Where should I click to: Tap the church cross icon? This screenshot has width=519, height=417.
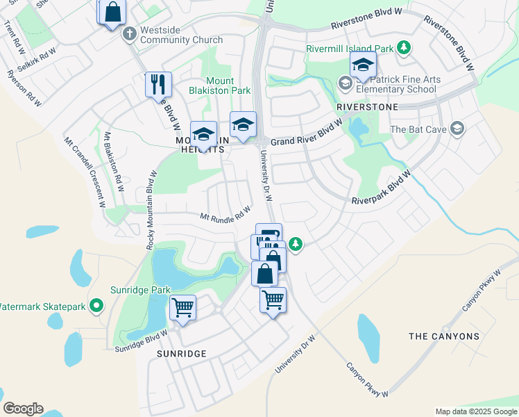[129, 33]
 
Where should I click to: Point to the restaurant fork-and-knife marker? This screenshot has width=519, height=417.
[158, 85]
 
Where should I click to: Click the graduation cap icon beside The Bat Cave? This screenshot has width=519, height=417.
[457, 128]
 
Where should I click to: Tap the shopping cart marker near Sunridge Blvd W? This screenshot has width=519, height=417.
[182, 307]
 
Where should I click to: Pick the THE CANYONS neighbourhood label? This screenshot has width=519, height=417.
[444, 336]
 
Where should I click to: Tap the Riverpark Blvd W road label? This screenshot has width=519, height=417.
[381, 190]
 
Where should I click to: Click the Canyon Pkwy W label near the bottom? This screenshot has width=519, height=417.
[367, 381]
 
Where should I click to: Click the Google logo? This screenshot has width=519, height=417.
[23, 409]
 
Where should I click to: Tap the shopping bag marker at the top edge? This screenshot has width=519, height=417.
[113, 13]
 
